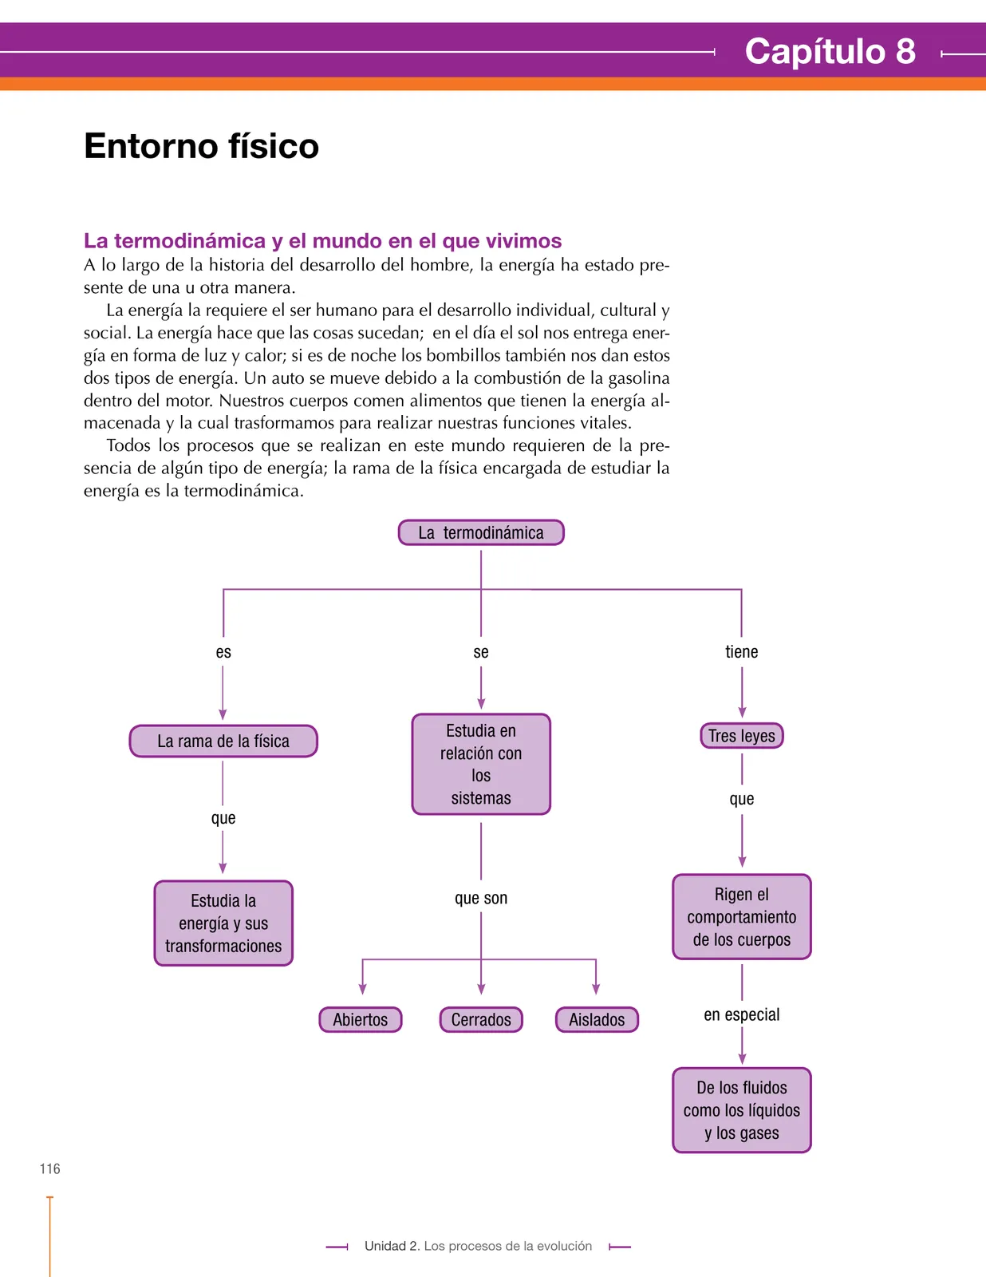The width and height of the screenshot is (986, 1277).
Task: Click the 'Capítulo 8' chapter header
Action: [x=830, y=51]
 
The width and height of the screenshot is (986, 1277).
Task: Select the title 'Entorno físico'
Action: [x=202, y=146]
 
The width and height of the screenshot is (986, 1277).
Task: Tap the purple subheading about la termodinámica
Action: [x=322, y=241]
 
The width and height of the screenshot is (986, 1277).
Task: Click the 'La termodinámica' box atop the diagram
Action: [x=481, y=532]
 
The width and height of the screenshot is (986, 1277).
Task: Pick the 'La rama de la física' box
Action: [x=223, y=741]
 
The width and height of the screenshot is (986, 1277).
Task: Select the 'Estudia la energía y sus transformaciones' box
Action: [x=223, y=923]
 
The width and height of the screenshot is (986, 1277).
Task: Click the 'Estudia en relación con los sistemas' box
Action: [x=481, y=764]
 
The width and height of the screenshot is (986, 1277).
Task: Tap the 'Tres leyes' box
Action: [x=742, y=736]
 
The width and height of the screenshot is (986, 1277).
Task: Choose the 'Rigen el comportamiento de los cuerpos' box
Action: [x=742, y=917]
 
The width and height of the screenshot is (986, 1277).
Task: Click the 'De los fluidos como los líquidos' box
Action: [x=742, y=1110]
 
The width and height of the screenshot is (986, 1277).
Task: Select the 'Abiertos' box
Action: [x=361, y=1019]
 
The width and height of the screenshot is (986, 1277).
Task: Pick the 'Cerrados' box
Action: [x=481, y=1019]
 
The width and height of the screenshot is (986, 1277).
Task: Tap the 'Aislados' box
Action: [x=597, y=1019]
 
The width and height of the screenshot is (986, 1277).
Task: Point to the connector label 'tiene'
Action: [x=742, y=652]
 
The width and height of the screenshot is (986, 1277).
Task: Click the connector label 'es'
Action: [x=223, y=652]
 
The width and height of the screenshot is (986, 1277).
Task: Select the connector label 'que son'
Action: [x=481, y=899]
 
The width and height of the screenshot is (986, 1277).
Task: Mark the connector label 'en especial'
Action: [x=742, y=1015]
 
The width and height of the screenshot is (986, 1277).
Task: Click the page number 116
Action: [x=50, y=1169]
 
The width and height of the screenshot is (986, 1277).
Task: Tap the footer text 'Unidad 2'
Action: [x=392, y=1246]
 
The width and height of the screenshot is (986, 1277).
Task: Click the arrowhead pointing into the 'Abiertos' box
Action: [x=362, y=990]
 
